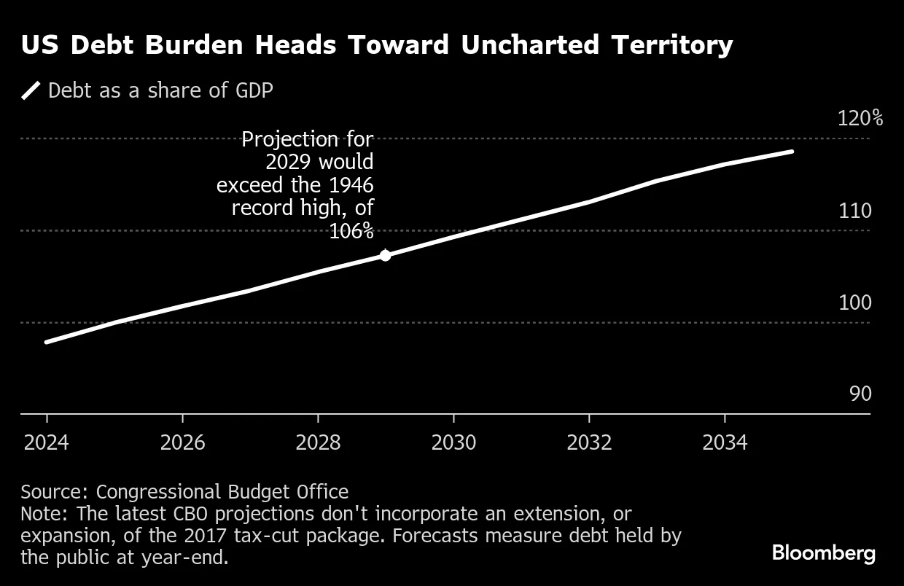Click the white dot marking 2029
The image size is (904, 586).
point(386,255)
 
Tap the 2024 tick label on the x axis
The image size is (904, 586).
point(47,442)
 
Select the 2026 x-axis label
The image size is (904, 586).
point(182,442)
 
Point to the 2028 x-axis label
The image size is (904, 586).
point(318,442)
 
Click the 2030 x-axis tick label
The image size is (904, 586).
point(453,442)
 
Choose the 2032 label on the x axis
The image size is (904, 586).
point(589,442)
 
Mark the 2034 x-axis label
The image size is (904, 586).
point(725,442)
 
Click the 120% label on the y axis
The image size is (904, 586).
point(860,118)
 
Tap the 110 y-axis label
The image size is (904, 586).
point(855,211)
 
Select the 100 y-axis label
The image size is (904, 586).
point(855,302)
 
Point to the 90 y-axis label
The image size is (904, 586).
point(860,394)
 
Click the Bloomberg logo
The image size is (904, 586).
point(824,553)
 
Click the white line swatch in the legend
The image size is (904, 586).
point(31,91)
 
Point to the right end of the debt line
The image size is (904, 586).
point(792,152)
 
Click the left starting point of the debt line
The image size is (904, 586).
point(47,342)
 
